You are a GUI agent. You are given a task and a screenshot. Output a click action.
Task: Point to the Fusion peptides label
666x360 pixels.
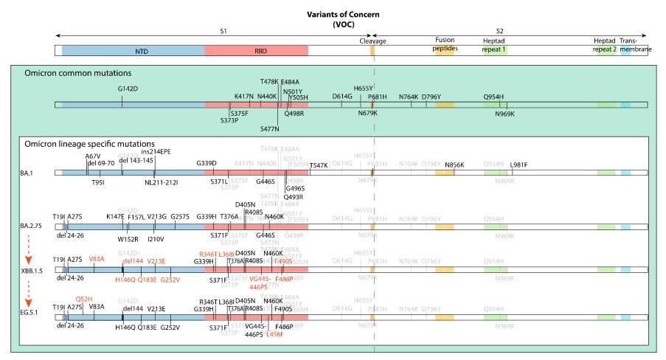click(445, 44)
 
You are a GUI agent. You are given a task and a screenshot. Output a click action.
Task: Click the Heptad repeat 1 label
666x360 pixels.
click(494, 44)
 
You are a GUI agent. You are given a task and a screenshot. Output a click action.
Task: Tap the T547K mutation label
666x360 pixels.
click(320, 165)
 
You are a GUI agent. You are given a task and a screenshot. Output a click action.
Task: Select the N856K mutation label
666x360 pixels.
click(456, 165)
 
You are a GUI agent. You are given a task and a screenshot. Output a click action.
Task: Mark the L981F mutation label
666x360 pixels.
click(518, 165)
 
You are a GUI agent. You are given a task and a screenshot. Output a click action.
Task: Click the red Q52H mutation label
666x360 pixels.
click(83, 299)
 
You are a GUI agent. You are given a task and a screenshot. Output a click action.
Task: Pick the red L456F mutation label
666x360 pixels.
click(274, 334)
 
